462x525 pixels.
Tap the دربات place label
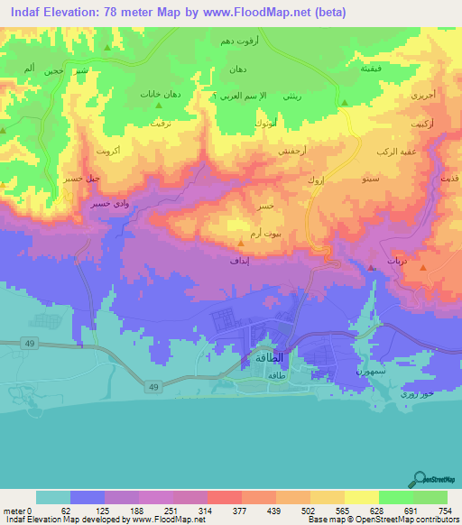tap(398, 260)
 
